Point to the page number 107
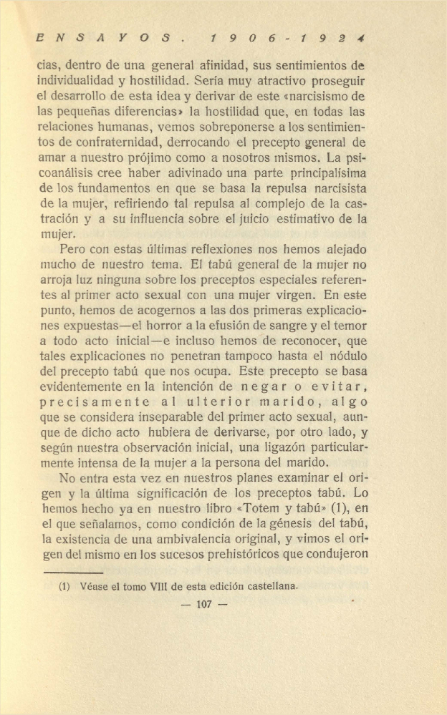coord(204,605)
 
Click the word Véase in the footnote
coord(95,585)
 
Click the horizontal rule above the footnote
coord(73,572)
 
